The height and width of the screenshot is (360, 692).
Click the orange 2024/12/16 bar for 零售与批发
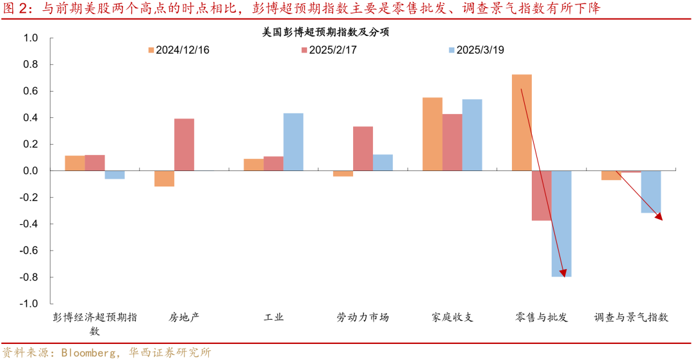(x=522, y=122)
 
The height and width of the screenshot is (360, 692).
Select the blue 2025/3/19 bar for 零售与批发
(x=561, y=224)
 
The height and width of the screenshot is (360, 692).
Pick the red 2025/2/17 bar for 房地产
(x=184, y=145)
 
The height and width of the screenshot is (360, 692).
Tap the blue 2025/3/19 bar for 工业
(x=293, y=142)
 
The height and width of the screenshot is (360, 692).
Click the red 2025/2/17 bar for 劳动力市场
(x=363, y=149)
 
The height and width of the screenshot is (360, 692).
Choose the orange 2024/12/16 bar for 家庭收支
(x=432, y=134)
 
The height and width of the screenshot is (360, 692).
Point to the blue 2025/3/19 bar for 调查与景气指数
(x=650, y=192)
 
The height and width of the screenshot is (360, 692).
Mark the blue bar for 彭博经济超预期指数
(x=115, y=175)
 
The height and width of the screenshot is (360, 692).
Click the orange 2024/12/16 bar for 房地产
(x=164, y=179)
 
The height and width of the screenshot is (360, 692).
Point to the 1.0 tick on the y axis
(x=31, y=38)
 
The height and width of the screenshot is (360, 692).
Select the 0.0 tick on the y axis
(x=31, y=171)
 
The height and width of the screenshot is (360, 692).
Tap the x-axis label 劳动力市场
(x=363, y=317)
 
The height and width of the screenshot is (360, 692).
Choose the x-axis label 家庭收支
(x=452, y=317)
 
